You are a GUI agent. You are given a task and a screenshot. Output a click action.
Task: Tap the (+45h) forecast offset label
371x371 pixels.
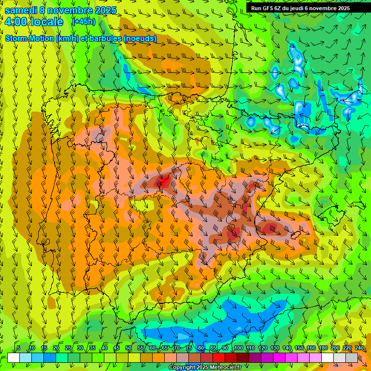click(84, 22)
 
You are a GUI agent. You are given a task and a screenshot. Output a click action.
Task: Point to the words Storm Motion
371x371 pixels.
click(29, 38)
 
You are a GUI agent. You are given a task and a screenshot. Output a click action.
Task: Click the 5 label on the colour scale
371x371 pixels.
click(18, 348)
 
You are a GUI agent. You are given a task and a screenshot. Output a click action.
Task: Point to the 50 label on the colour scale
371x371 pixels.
click(128, 348)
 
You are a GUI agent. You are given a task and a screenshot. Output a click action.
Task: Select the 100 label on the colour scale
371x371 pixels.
click(238, 348)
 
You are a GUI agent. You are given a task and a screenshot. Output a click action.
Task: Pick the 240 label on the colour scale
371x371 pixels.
click(359, 348)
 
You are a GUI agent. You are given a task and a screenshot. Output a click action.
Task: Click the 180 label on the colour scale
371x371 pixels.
click(323, 348)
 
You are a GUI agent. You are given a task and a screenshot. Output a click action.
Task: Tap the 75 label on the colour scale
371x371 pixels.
click(189, 348)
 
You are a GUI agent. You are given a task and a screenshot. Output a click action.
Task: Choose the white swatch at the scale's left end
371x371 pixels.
click(14, 357)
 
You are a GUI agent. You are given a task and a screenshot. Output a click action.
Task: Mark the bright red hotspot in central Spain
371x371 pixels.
click(163, 182)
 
